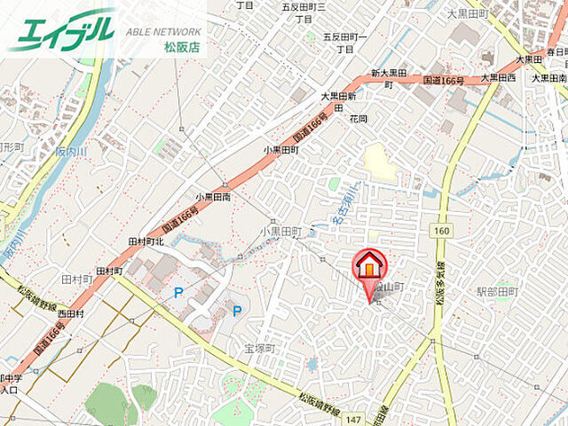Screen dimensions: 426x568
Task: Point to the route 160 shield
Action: click(x=441, y=231)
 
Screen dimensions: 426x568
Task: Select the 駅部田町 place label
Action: click(x=496, y=291)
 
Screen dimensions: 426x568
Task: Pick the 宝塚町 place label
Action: click(x=262, y=349)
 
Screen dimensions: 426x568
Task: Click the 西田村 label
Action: click(x=71, y=313)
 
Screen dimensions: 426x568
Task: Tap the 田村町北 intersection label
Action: click(x=146, y=241)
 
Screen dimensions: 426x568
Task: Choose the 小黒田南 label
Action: click(x=213, y=197)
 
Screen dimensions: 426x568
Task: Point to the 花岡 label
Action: click(x=358, y=117)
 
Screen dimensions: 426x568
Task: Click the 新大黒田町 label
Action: click(x=388, y=73)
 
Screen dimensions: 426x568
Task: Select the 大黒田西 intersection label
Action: click(x=498, y=78)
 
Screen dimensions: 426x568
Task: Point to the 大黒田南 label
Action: click(x=549, y=78)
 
